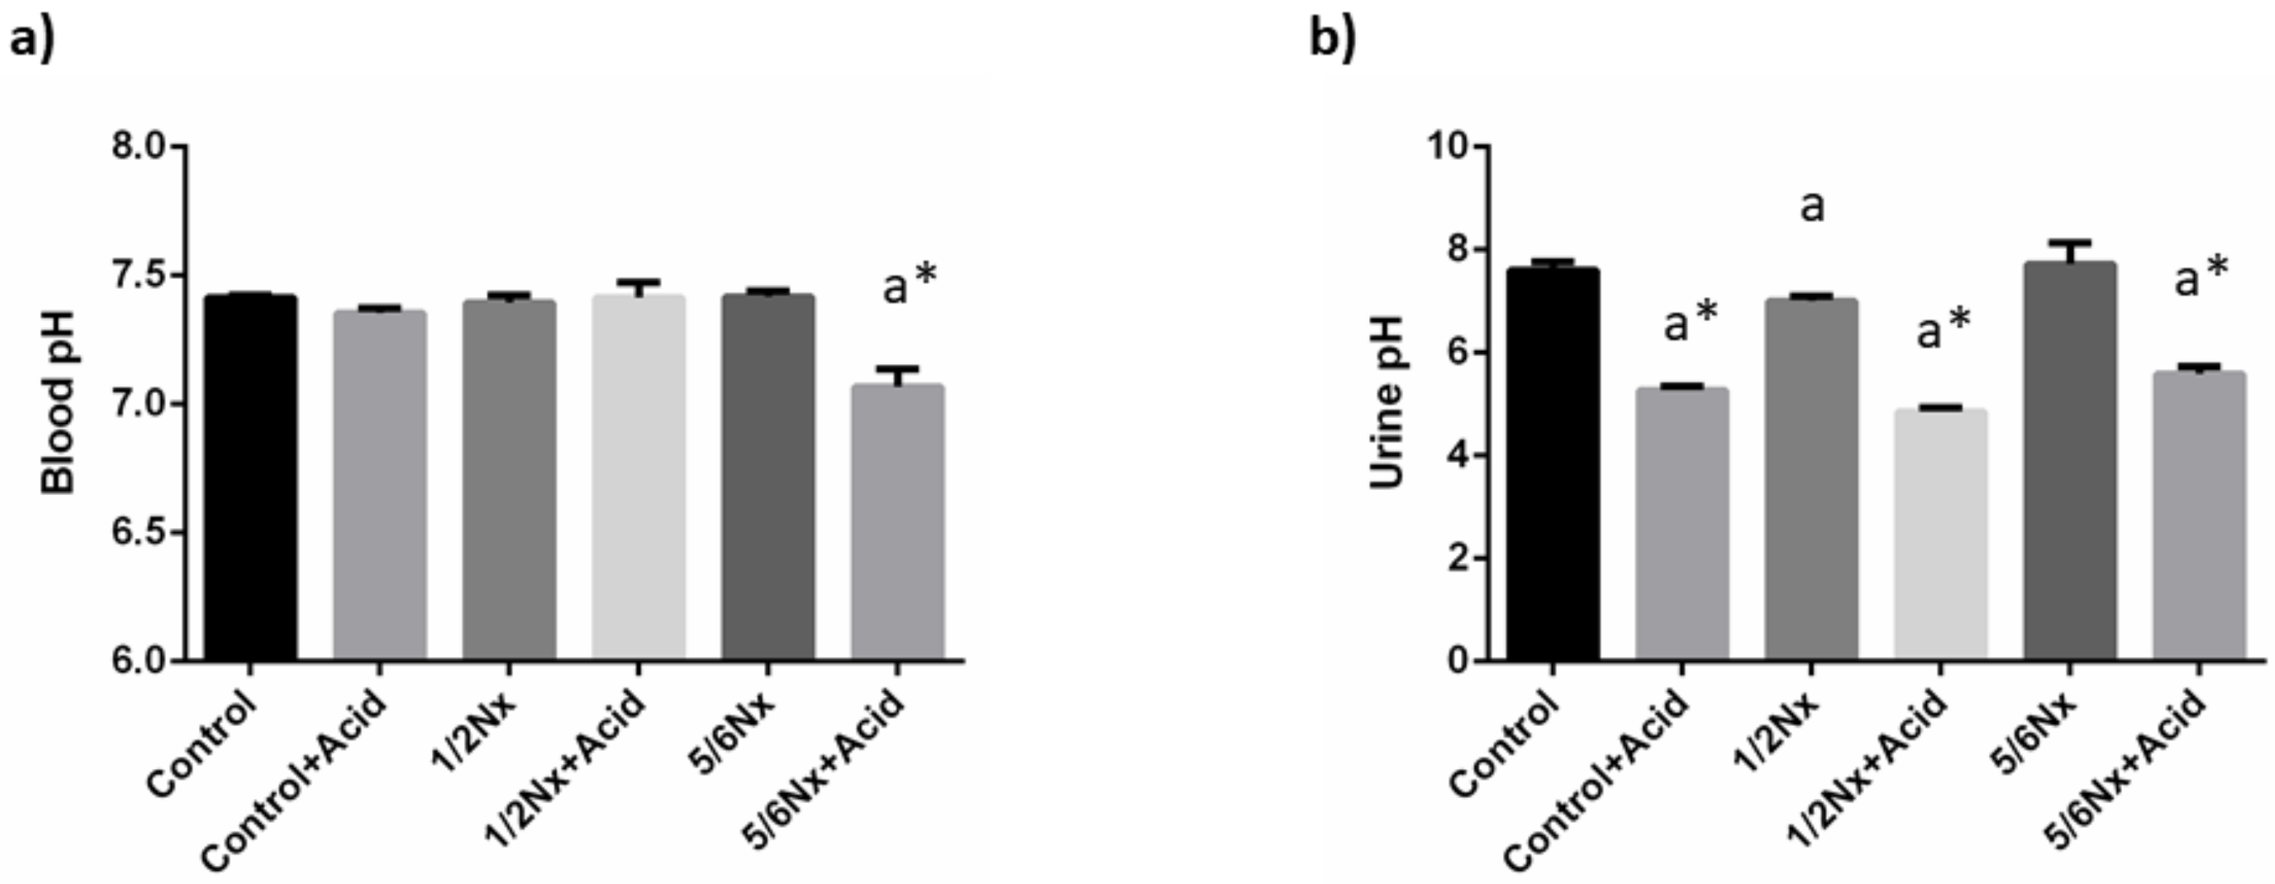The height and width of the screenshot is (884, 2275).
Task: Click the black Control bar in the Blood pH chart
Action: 251,477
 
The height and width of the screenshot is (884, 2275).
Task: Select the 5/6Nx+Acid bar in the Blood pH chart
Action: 897,521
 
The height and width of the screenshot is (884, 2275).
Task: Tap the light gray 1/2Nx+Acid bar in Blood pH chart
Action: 639,477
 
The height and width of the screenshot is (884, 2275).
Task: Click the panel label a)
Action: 32,40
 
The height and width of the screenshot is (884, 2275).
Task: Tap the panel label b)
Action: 1332,40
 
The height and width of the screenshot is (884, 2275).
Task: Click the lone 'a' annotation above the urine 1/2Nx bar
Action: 1811,207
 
